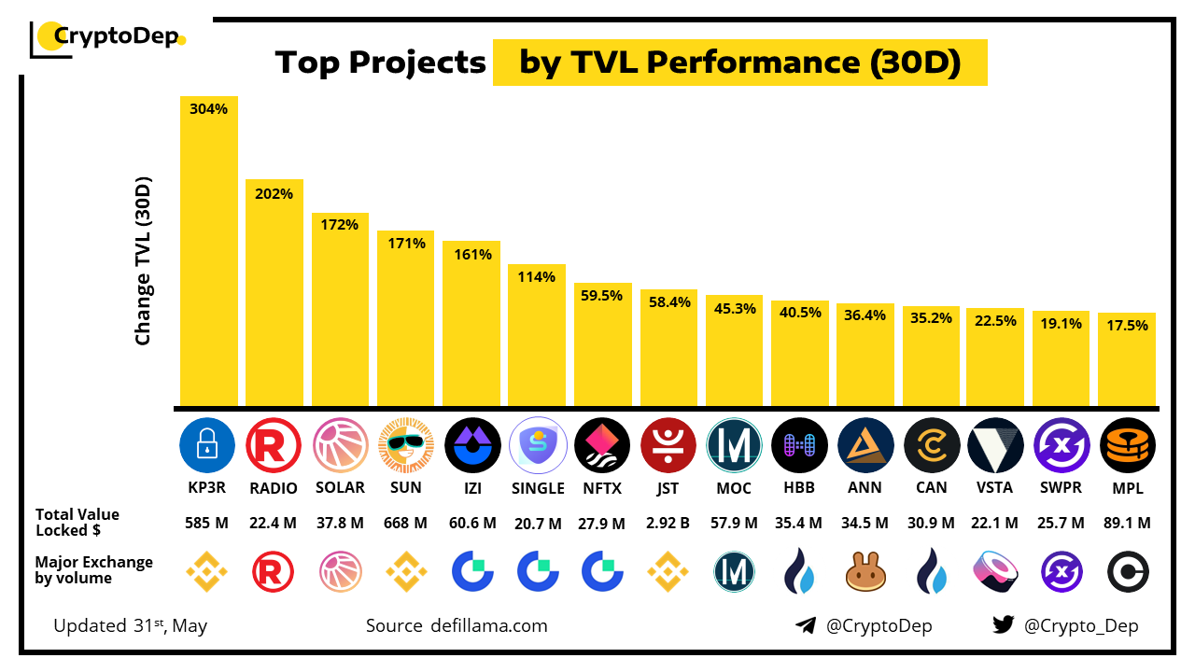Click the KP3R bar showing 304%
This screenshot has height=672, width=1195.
[208, 252]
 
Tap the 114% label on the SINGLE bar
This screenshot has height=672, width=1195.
[537, 277]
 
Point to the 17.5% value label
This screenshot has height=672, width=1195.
[1127, 326]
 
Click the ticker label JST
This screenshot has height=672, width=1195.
[668, 487]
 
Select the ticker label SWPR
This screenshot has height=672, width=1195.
[1061, 487]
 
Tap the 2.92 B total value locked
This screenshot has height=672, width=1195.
[668, 523]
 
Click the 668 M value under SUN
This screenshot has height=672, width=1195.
[405, 523]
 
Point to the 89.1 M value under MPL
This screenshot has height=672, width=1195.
[1127, 523]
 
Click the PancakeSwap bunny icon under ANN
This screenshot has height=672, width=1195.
[865, 572]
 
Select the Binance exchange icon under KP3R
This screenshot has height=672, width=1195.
[207, 572]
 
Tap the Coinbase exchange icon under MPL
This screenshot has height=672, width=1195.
[1127, 572]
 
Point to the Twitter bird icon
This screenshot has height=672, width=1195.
[1004, 625]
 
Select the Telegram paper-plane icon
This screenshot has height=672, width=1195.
[806, 625]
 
